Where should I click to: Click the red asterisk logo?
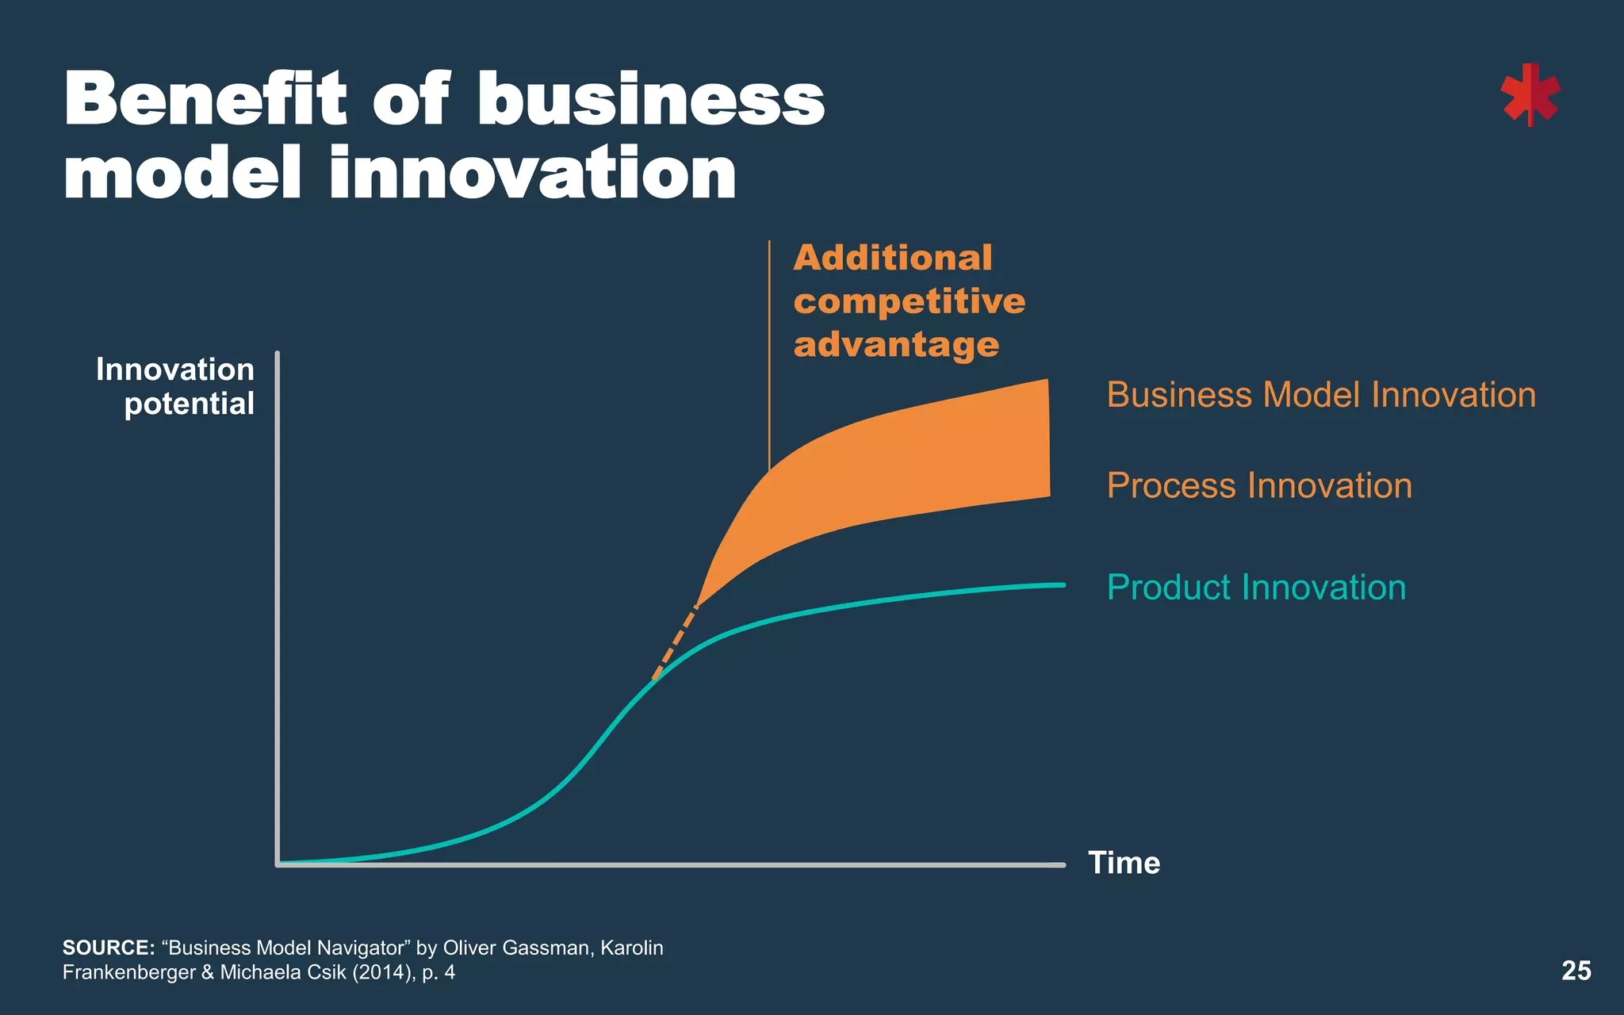(1530, 96)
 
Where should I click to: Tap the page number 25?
(1576, 971)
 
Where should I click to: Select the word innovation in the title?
(533, 174)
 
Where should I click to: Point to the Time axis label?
(1124, 863)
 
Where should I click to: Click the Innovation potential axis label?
(176, 386)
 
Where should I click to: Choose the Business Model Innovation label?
(1321, 395)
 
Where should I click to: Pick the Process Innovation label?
(1259, 485)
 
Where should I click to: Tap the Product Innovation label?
(1256, 588)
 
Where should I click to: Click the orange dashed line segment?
(675, 642)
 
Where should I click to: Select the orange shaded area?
(912, 468)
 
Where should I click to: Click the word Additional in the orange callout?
(893, 258)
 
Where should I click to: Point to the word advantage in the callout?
(896, 345)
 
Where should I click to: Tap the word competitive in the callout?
(910, 301)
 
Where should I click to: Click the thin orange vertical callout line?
(769, 357)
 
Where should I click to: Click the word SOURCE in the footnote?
(108, 948)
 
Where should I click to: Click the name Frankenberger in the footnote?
(129, 972)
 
